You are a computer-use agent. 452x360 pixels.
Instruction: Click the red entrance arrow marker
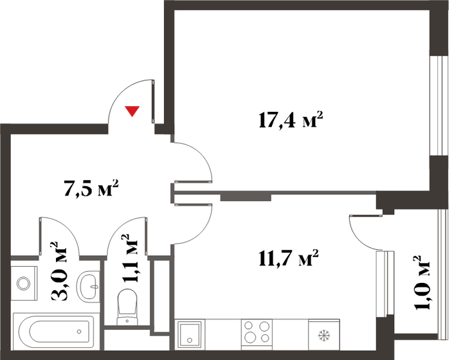[x=132, y=111]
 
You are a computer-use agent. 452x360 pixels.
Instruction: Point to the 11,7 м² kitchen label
[x=289, y=259]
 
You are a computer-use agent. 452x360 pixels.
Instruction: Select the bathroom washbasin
[x=89, y=283]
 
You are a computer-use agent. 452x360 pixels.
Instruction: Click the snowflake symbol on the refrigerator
[x=323, y=335]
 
